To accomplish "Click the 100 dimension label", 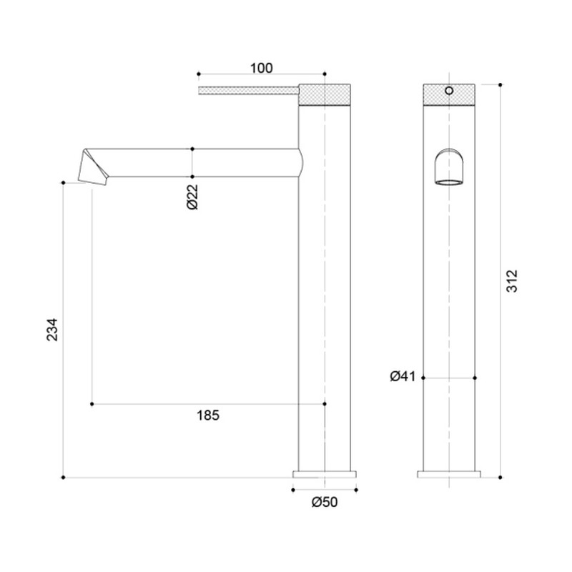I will pos(262,68).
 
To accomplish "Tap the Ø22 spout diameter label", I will pos(192,196).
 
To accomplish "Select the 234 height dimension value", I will pos(52,329).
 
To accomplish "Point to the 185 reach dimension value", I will pos(207,415).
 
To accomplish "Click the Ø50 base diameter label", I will pos(324,502).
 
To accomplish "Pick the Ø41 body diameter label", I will pos(402,377).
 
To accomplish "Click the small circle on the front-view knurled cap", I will pos(449,91).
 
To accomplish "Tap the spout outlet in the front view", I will pos(449,169).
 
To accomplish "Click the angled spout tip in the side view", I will pos(94,169).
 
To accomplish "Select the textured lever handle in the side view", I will pos(247,90).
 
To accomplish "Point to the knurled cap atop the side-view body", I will pos(325,94).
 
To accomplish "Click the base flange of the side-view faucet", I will pos(325,473).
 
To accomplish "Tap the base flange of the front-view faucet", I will pos(449,473).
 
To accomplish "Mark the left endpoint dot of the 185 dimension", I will pos(92,405).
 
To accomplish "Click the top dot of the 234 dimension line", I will pos(64,183).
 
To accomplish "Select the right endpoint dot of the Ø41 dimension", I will pos(476,377).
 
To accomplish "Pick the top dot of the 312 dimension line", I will pos(500,84).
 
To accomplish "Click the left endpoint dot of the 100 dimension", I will pos(198,74).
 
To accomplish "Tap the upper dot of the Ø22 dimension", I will pos(192,149).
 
